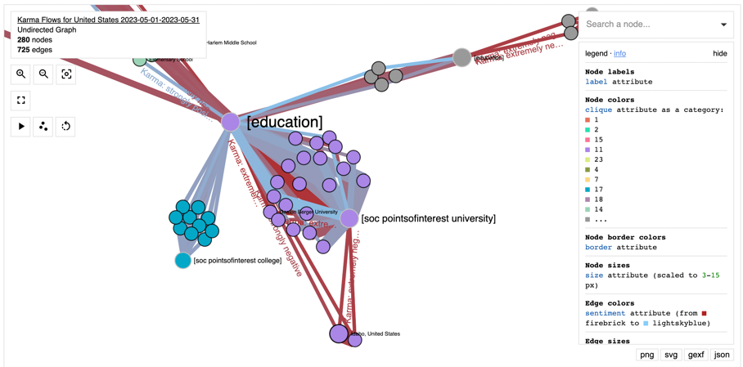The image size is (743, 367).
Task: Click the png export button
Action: pyautogui.click(x=647, y=355)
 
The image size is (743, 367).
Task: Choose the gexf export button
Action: pyautogui.click(x=696, y=355)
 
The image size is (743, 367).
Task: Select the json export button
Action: pyautogui.click(x=722, y=355)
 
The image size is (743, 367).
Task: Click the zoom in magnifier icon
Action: pyautogui.click(x=21, y=74)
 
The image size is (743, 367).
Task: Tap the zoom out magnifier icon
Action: pyautogui.click(x=43, y=74)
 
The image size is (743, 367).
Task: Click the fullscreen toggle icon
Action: pyautogui.click(x=21, y=101)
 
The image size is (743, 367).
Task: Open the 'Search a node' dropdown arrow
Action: pyautogui.click(x=723, y=25)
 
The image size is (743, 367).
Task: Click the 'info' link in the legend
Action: pyautogui.click(x=619, y=54)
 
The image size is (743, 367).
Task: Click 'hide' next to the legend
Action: pyautogui.click(x=719, y=54)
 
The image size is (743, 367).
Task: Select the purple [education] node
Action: pyautogui.click(x=231, y=122)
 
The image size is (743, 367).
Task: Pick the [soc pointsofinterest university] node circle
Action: pyautogui.click(x=349, y=218)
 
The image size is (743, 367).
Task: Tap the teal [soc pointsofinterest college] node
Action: pyautogui.click(x=183, y=260)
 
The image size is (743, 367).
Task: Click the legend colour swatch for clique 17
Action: pyautogui.click(x=588, y=190)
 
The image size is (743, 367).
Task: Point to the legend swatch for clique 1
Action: pyautogui.click(x=588, y=120)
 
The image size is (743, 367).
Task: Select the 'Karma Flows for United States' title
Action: pyautogui.click(x=108, y=20)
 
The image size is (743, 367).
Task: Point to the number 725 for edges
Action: pyautogui.click(x=24, y=50)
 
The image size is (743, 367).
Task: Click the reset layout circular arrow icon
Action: pyautogui.click(x=66, y=127)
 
